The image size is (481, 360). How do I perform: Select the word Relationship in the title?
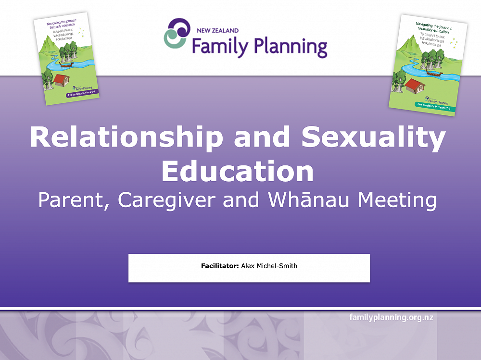(x=127, y=138)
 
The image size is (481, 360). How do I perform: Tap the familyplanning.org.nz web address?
(x=392, y=317)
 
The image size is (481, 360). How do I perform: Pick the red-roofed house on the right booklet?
(x=414, y=86)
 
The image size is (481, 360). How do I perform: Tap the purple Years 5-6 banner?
(x=82, y=94)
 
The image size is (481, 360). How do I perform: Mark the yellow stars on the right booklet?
(x=454, y=42)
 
